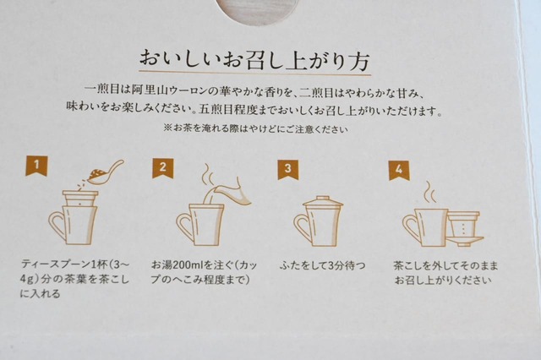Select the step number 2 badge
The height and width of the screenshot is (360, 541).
[x=161, y=167]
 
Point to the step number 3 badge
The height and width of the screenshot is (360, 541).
[x=287, y=168]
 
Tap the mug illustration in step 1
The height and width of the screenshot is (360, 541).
[x=72, y=222]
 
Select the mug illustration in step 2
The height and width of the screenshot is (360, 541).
[x=196, y=225]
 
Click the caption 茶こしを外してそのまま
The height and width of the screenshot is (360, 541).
[x=445, y=265]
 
